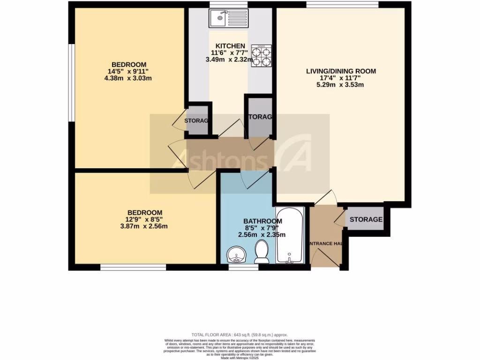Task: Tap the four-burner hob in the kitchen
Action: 262,55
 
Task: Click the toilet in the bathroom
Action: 261,252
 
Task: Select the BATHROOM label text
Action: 262,221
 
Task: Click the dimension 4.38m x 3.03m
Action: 129,78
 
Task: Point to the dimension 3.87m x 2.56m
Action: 144,226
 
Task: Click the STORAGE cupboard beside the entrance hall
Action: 366,219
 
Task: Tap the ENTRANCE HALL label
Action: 325,244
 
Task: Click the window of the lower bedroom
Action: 133,268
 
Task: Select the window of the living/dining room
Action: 342,5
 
